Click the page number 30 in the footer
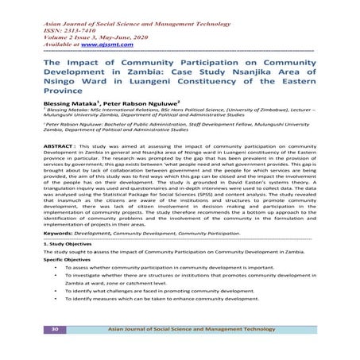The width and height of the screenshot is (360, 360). pyautogui.click(x=56, y=328)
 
